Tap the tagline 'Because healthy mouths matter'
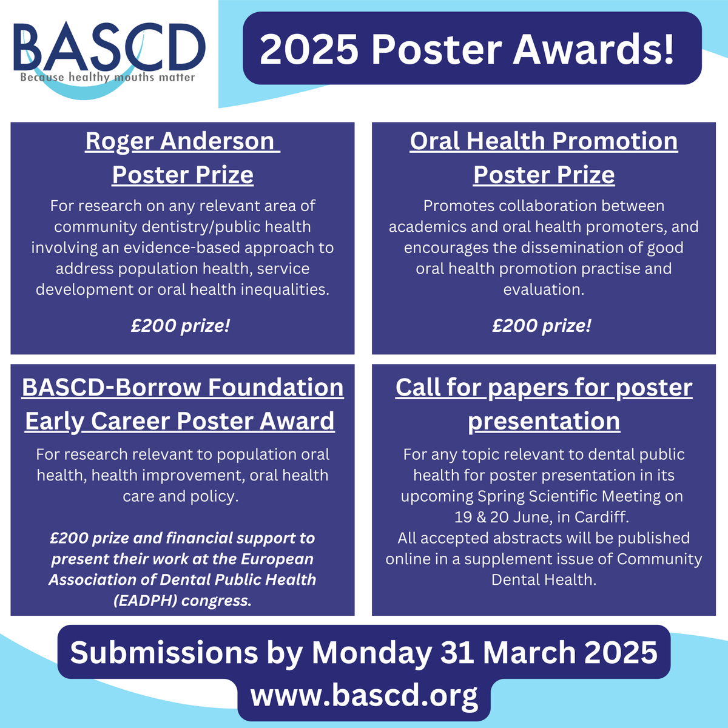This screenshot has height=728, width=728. [x=107, y=78]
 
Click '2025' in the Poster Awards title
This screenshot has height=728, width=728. [x=309, y=50]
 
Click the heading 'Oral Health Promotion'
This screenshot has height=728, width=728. [x=544, y=141]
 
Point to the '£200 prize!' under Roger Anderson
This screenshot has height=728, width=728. [x=180, y=326]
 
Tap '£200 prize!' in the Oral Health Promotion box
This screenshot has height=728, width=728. [x=541, y=326]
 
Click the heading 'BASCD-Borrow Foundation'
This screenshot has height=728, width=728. [x=183, y=387]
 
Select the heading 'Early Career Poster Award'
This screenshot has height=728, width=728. [x=180, y=421]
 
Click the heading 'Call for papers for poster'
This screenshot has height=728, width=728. [x=544, y=387]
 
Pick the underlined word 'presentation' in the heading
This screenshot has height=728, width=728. [x=544, y=421]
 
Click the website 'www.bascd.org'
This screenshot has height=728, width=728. [x=364, y=695]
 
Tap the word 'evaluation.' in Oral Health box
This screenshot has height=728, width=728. [x=544, y=289]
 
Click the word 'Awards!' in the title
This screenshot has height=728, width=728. [x=593, y=50]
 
